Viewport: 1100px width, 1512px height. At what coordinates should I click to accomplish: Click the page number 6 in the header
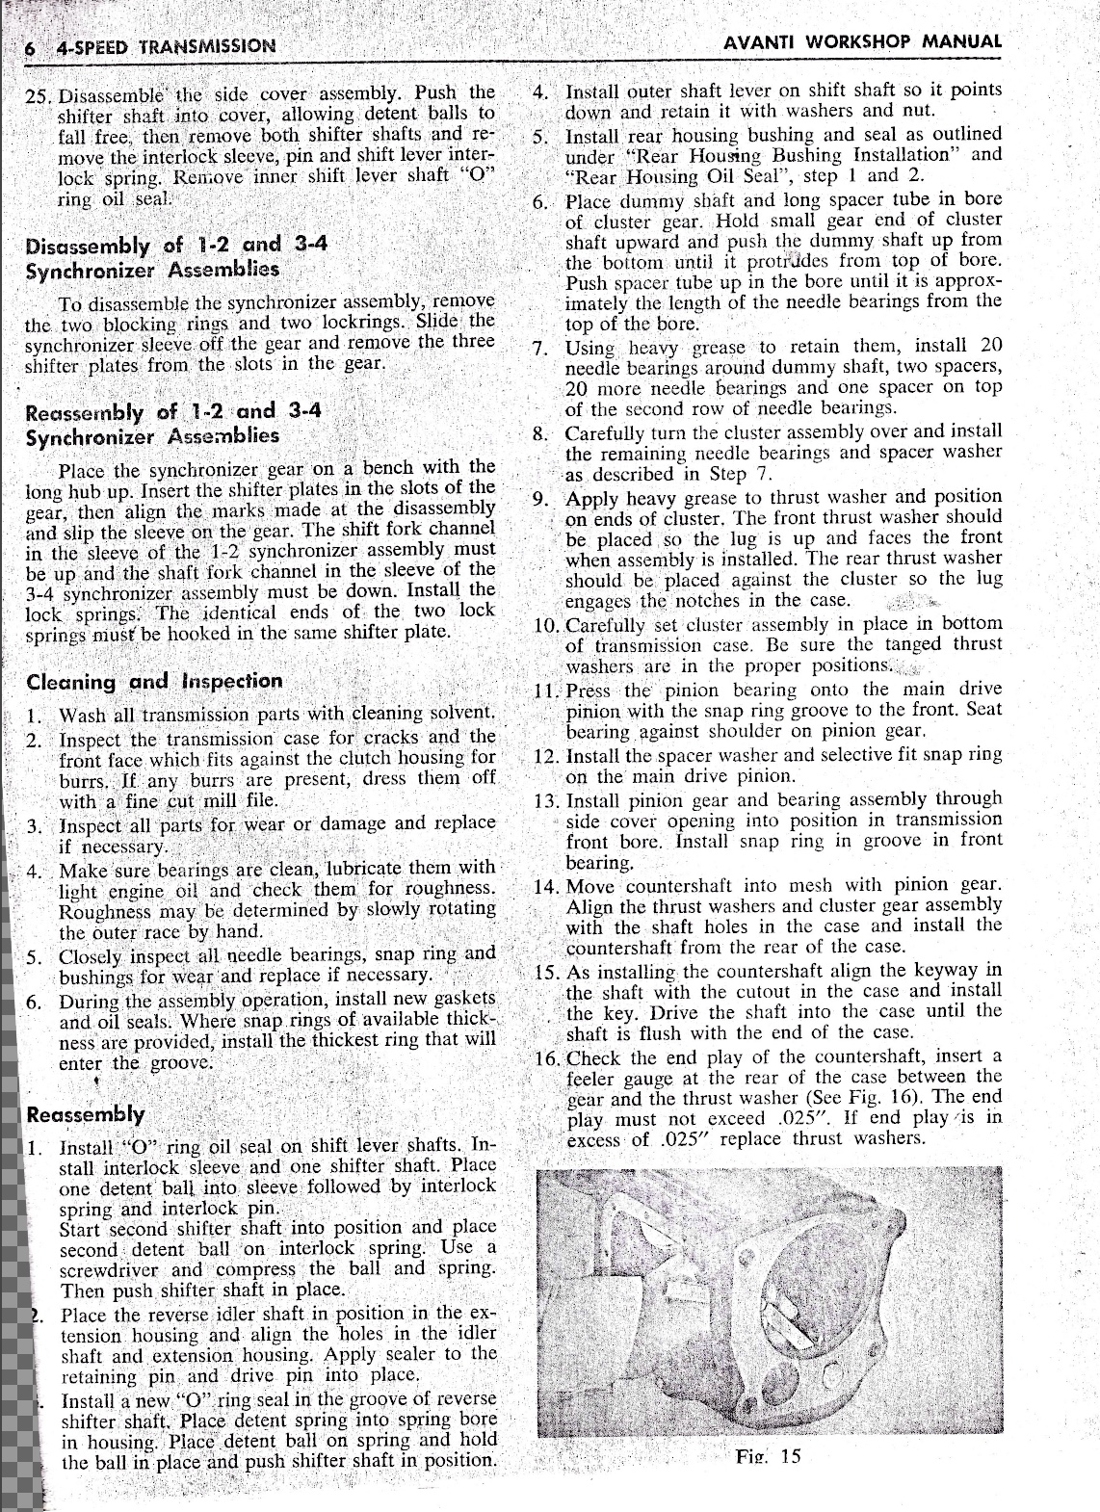pyautogui.click(x=32, y=46)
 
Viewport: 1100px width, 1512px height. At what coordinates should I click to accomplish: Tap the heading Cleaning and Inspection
pyautogui.click(x=154, y=682)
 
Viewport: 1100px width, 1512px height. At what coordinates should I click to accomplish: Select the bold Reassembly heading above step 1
pyautogui.click(x=87, y=1115)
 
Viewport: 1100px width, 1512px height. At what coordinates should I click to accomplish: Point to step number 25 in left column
pyautogui.click(x=39, y=97)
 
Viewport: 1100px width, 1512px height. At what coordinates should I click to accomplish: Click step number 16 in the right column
pyautogui.click(x=547, y=1058)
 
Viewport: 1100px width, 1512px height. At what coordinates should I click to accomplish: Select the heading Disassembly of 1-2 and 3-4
pyautogui.click(x=177, y=244)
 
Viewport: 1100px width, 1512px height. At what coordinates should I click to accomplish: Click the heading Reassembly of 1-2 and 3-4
pyautogui.click(x=173, y=412)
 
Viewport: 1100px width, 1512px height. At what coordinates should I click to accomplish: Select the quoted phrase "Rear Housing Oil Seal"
pyautogui.click(x=655, y=177)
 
